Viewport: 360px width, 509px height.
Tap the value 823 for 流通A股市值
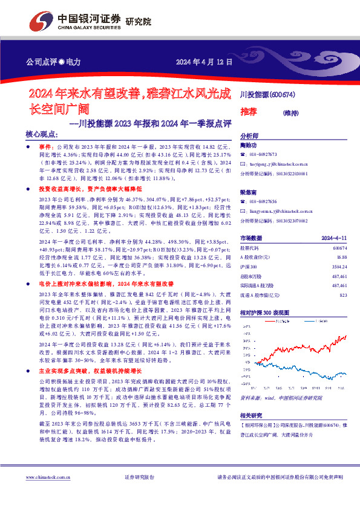pyautogui.click(x=343, y=294)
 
